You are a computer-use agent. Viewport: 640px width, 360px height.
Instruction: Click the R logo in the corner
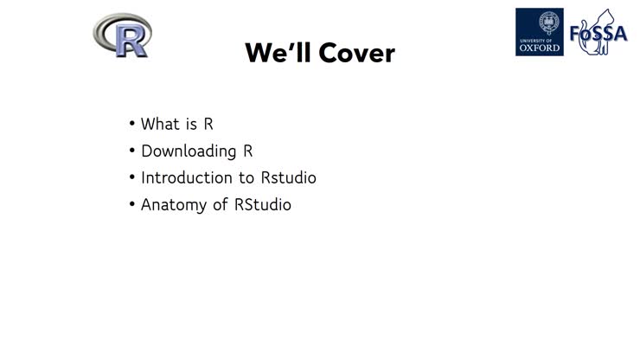(x=122, y=35)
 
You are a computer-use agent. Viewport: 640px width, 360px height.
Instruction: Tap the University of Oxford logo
(x=539, y=32)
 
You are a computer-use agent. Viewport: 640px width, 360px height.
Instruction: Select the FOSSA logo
(x=598, y=33)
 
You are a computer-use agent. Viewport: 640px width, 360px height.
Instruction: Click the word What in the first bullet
(x=159, y=124)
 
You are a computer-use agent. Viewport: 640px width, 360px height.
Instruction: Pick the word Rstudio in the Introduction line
(x=288, y=177)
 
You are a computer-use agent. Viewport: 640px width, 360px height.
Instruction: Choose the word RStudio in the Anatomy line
(x=263, y=205)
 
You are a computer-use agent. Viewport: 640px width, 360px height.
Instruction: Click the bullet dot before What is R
(x=132, y=125)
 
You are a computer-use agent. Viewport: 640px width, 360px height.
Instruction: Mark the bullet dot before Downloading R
(x=132, y=151)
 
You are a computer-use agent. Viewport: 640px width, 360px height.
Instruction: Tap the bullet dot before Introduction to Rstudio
(x=132, y=178)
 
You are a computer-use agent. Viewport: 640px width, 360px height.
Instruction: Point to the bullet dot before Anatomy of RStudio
(x=132, y=206)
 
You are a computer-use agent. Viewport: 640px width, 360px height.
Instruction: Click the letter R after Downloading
(x=247, y=151)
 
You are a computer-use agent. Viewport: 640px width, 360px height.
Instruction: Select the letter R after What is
(x=208, y=124)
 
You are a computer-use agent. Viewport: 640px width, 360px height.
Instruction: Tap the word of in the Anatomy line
(x=221, y=205)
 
